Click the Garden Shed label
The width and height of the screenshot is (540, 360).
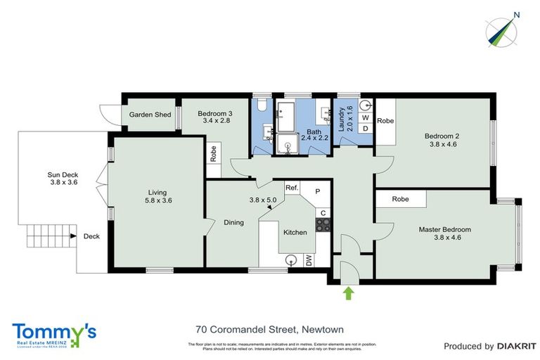tap(149, 115)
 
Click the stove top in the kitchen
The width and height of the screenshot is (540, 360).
tap(323, 225)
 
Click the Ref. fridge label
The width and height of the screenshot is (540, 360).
tap(292, 188)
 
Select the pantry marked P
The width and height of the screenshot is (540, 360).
tap(317, 191)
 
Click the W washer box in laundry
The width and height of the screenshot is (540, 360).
tap(365, 118)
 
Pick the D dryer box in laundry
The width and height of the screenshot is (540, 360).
tap(365, 128)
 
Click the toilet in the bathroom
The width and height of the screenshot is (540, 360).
tap(261, 105)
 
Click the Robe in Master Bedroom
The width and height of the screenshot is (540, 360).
tap(401, 199)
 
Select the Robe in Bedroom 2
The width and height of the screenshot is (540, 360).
tap(385, 121)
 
